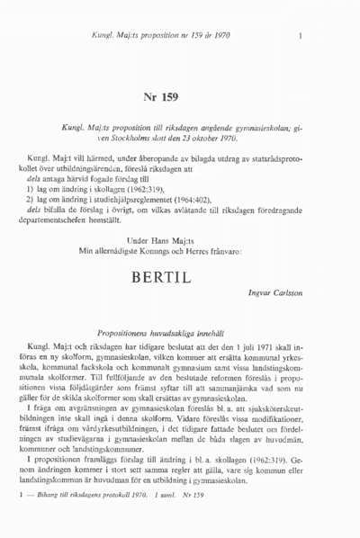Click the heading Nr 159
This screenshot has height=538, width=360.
pos(180,97)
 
